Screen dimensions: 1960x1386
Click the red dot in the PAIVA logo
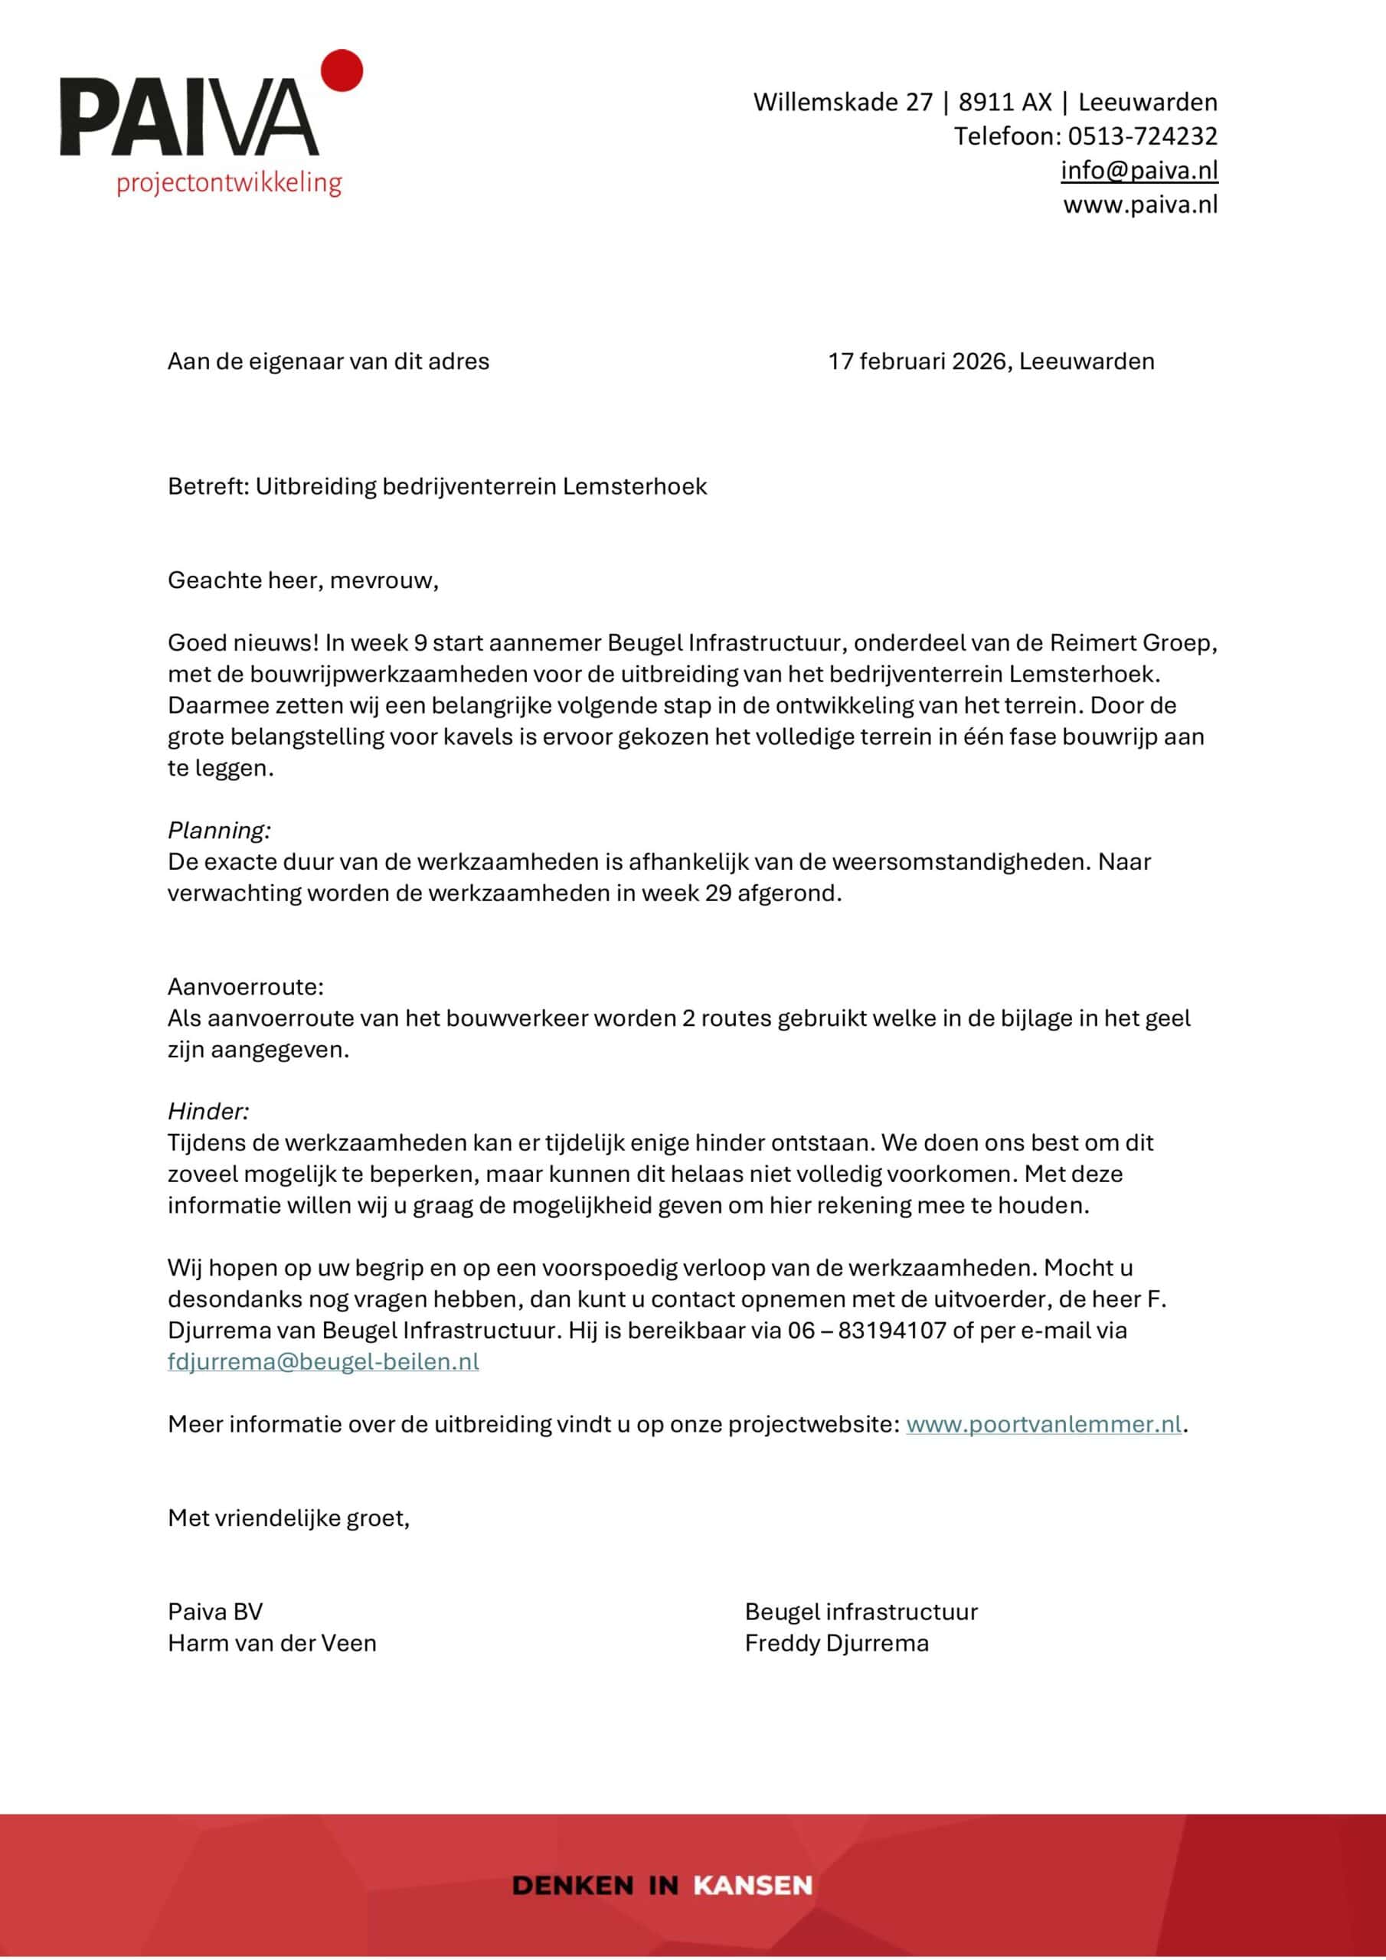pos(342,70)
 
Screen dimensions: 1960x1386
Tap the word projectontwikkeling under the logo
pos(229,183)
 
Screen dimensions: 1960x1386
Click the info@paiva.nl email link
pos(1139,171)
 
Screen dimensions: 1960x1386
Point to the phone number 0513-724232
pos(1142,136)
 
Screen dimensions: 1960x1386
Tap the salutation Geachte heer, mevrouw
pos(302,580)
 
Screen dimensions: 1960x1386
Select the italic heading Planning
pos(218,830)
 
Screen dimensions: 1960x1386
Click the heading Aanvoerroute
pos(245,987)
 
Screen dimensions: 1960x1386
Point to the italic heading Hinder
pos(208,1112)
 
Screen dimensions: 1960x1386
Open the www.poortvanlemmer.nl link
pos(1044,1424)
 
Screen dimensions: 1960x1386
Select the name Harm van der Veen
pos(272,1642)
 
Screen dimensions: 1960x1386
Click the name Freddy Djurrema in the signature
pos(836,1642)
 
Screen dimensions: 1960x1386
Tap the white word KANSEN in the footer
pos(753,1885)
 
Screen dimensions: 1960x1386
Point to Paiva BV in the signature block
pos(215,1612)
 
